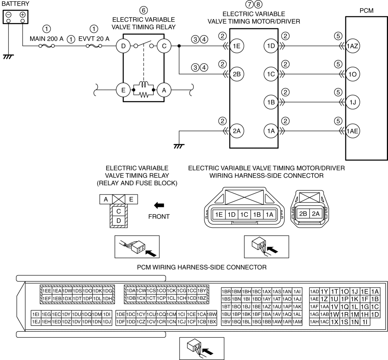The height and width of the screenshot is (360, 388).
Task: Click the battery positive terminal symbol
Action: (x=23, y=15)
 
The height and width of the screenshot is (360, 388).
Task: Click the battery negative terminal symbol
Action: (x=8, y=15)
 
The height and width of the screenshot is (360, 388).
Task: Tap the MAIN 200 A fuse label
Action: (x=46, y=39)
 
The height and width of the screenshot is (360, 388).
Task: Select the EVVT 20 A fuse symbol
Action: (x=94, y=46)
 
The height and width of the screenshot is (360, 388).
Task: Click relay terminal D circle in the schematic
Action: (x=123, y=46)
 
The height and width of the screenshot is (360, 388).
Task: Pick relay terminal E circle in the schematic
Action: (x=123, y=90)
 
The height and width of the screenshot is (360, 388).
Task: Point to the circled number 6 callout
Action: (x=144, y=11)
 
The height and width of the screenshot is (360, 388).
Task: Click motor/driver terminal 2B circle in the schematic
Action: (x=236, y=74)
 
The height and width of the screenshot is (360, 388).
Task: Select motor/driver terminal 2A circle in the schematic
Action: (x=236, y=131)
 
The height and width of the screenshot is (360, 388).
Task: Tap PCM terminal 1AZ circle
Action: (x=352, y=46)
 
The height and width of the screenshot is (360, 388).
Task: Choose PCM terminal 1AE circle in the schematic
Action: (x=352, y=131)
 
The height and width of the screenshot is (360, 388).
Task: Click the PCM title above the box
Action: (x=367, y=11)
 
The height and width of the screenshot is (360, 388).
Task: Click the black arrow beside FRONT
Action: (x=159, y=205)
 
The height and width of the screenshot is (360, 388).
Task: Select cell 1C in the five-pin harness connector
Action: (x=244, y=214)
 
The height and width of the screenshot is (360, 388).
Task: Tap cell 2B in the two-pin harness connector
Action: (x=303, y=214)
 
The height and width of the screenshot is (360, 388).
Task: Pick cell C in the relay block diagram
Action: (x=118, y=211)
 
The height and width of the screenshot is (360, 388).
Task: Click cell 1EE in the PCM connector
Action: (x=47, y=291)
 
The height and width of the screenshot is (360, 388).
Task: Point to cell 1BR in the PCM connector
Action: (x=226, y=292)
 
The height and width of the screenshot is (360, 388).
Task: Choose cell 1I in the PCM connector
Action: (x=365, y=322)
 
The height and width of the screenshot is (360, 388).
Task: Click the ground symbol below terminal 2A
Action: (x=179, y=146)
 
